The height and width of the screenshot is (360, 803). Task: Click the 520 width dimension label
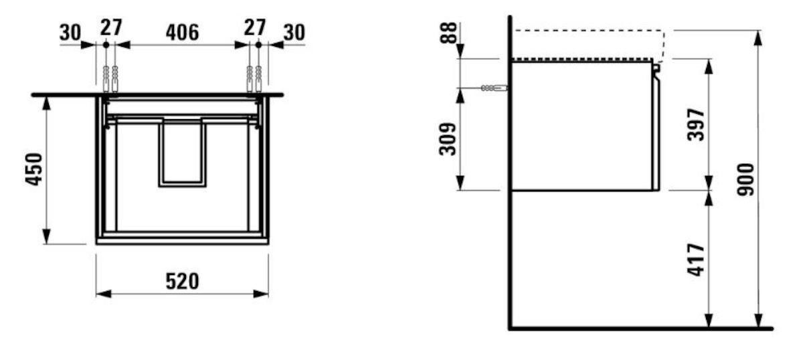pos(182,282)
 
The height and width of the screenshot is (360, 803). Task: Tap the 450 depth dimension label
pos(34,169)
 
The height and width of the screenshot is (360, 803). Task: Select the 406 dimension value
pos(182,33)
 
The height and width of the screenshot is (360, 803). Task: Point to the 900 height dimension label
pos(745,179)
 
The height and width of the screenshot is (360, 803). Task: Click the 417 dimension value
pos(696,260)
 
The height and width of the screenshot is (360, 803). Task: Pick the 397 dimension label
pos(696,124)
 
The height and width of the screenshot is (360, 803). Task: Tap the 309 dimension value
pos(448,139)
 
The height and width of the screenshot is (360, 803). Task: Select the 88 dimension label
pos(448,33)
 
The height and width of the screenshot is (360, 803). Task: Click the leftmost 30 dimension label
pos(70,33)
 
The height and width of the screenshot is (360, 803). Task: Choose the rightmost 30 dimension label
pos(294,33)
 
